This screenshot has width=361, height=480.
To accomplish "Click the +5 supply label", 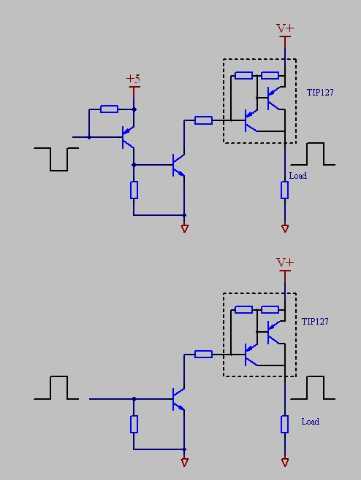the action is coord(134,79).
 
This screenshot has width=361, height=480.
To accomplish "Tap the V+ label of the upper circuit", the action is coord(285,28).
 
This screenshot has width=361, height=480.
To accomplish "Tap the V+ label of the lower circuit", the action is coord(285,263).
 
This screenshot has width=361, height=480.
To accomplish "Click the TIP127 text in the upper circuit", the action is coord(320,93).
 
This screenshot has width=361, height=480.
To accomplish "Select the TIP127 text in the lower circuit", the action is coord(315,322).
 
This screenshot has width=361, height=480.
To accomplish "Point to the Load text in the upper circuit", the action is coord(298,176).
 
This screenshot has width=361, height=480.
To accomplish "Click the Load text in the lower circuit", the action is coord(311,422).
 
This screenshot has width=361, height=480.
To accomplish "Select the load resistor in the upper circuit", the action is coord(284,190).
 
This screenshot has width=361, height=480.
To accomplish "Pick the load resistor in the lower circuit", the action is coord(284,424).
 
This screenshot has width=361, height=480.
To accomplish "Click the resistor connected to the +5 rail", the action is coord(109,109).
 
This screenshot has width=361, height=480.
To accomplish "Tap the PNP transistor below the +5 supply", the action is coord(128,137).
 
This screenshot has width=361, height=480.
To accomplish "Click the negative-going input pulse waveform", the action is coord(56,159).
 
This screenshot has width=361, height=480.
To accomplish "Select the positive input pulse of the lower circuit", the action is coord(56,387).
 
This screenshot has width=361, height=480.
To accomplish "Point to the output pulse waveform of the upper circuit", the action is coord(313,154).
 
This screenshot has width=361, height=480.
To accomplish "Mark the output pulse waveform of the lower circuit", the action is coord(313,387).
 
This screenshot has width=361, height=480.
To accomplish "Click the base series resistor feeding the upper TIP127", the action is coord(203,120).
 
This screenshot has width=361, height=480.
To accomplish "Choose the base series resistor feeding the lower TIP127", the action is coord(203,355).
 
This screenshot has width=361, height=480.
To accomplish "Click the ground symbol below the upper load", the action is coord(284,228).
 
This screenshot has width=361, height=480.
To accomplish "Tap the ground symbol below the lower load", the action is coord(284,462).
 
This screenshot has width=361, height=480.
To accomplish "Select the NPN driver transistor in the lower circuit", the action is coord(178,399).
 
